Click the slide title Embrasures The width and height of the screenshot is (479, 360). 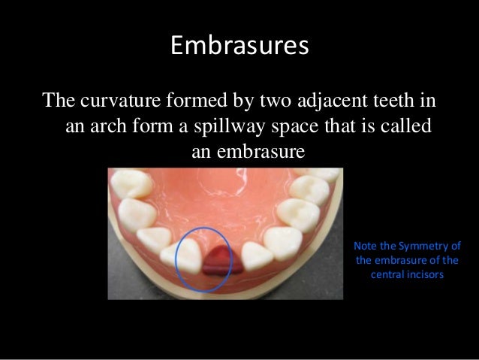pos(239,47)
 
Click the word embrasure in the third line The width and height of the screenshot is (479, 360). pos(260,152)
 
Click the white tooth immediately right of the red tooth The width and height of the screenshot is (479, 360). pos(257,254)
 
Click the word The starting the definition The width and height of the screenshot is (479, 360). pos(61,100)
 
